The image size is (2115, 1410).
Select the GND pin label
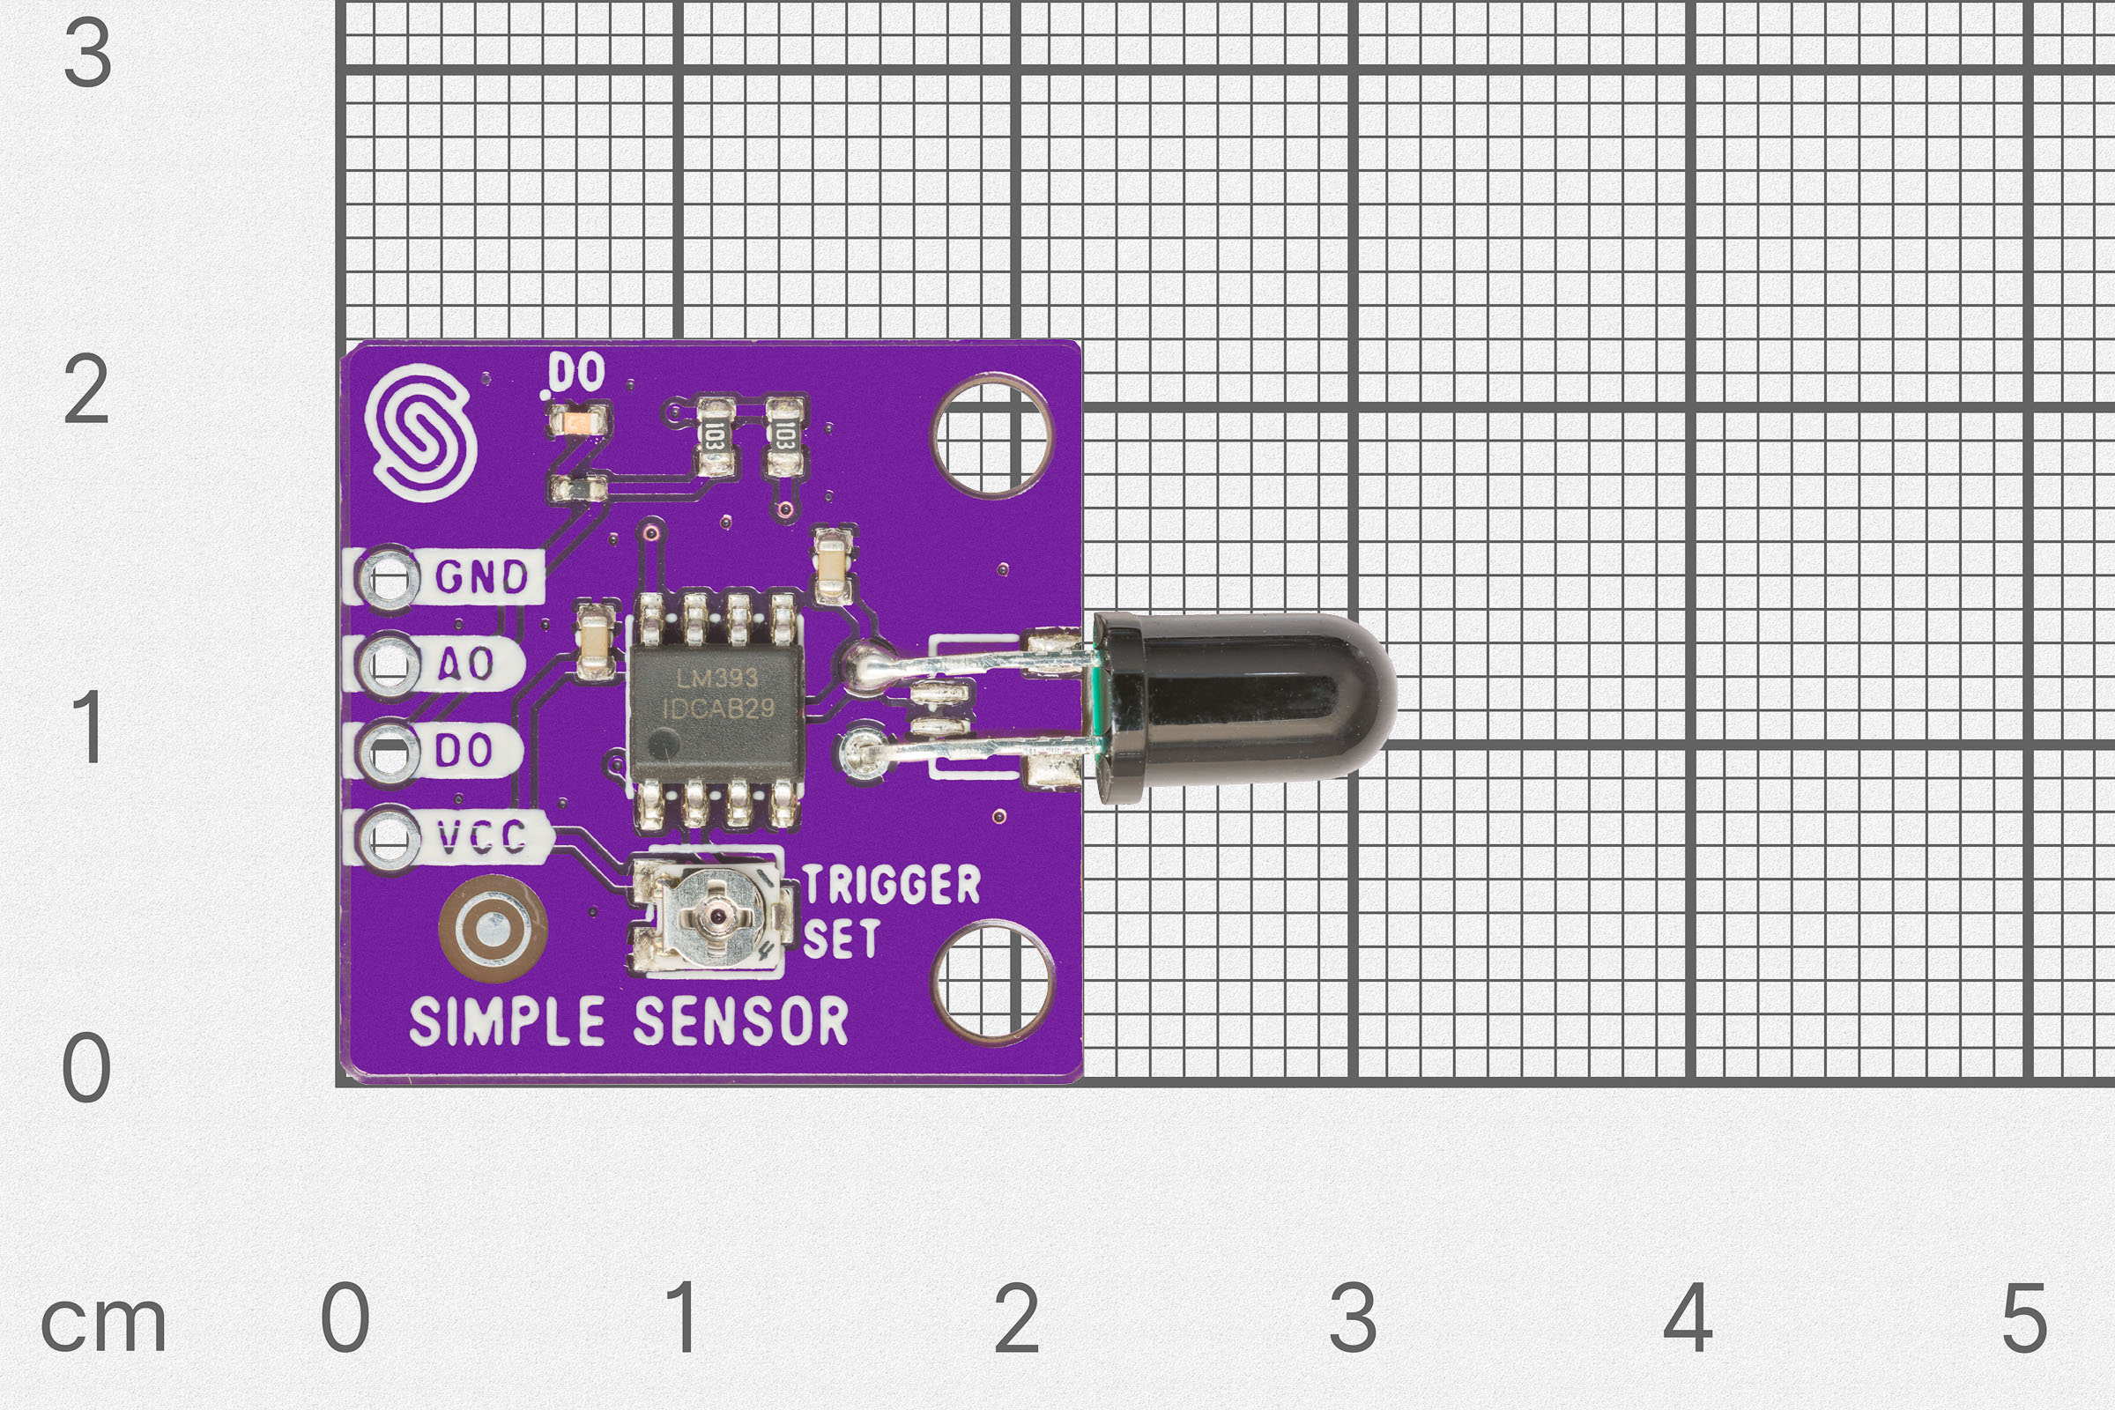481,577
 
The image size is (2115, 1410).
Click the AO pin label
466,664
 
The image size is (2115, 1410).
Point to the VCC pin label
481,838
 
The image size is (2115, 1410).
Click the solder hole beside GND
389,577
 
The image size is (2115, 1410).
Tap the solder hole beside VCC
389,838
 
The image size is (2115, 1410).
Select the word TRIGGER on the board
890,885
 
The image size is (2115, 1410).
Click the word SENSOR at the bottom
740,1021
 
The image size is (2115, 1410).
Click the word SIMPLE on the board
508,1021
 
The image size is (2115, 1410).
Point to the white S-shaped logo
420,432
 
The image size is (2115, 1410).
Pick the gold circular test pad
492,930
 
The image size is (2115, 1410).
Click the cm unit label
103,1323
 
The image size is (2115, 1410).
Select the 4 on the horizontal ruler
1687,1318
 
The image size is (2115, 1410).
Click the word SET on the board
841,939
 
